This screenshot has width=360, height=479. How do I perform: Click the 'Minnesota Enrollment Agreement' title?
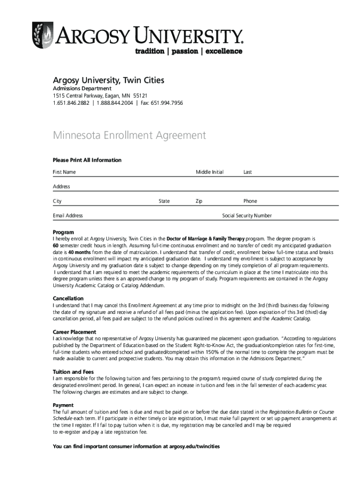(129, 136)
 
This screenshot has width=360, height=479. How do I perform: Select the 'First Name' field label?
(65, 172)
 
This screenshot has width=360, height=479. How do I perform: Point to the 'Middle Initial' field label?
(209, 172)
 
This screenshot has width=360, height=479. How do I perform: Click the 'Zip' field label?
(199, 201)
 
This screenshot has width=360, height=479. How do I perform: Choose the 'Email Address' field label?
(68, 216)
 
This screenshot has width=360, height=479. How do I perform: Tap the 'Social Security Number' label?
(247, 216)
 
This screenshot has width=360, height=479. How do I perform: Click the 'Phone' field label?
(250, 201)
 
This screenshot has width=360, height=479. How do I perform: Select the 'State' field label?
(164, 201)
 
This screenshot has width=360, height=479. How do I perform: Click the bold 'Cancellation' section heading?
(68, 298)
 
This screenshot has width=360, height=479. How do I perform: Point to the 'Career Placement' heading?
(75, 332)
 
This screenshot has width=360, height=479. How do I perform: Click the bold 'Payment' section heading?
(64, 405)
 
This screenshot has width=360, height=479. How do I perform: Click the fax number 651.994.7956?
(167, 103)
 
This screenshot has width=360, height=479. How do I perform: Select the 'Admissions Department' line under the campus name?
(82, 88)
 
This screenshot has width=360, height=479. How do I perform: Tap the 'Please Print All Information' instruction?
(87, 160)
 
